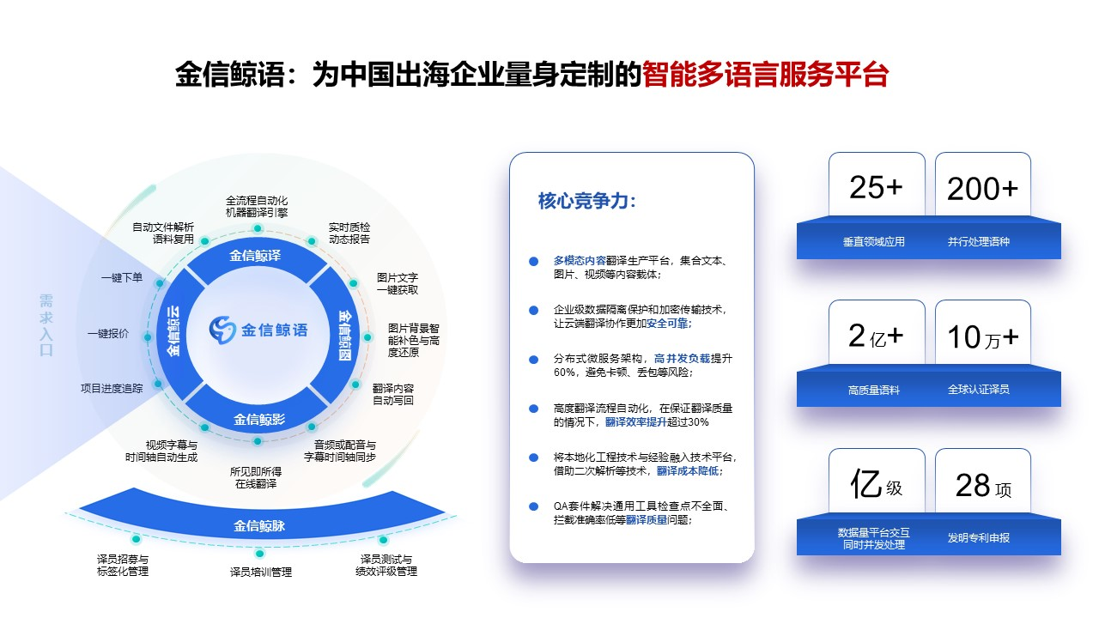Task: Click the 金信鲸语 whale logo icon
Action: [x=222, y=329]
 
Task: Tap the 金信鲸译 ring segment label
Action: [x=255, y=256]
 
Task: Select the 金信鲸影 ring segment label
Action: [x=258, y=420]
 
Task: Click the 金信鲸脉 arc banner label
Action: [x=259, y=525]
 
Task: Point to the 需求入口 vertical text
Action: [x=46, y=325]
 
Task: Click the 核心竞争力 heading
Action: [x=587, y=201]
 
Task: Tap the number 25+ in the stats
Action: [x=876, y=187]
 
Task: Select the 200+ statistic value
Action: [x=982, y=189]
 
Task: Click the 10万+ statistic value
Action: [x=982, y=336]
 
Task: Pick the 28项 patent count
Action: [x=982, y=486]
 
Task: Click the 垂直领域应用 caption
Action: [x=874, y=242]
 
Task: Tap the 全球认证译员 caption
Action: [x=979, y=390]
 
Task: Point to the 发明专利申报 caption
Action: [x=979, y=538]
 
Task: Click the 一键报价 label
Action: [x=108, y=334]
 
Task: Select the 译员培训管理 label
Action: [x=261, y=572]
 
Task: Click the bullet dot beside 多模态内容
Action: [x=533, y=261]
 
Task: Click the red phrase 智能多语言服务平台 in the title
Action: [x=765, y=75]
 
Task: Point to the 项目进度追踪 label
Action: [x=112, y=388]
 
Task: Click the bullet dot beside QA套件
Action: [x=533, y=506]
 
